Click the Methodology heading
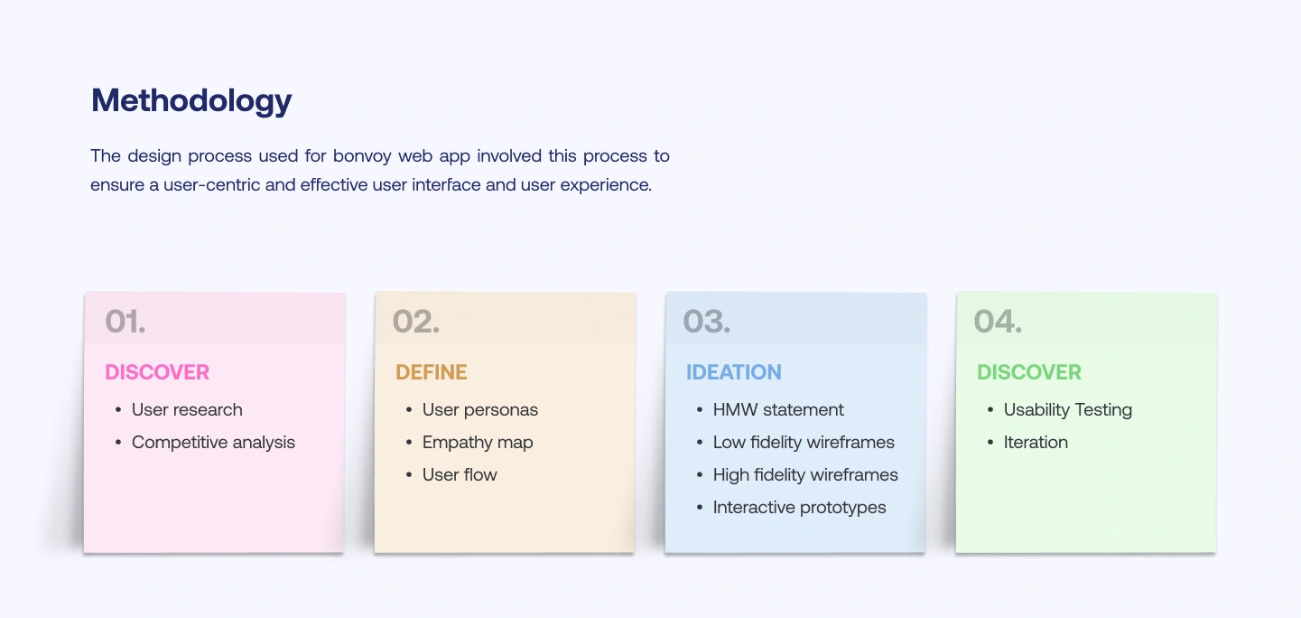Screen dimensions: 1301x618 click(x=191, y=101)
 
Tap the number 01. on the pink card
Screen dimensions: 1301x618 click(x=125, y=322)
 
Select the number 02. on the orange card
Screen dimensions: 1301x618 click(x=416, y=322)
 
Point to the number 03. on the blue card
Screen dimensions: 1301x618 click(x=707, y=322)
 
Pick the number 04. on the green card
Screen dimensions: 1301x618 click(x=998, y=322)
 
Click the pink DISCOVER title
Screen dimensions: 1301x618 click(x=157, y=372)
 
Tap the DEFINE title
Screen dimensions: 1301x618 click(x=432, y=372)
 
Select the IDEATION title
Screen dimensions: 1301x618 click(x=734, y=372)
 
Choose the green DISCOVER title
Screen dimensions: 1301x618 click(x=1029, y=372)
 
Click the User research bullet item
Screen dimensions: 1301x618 click(x=187, y=410)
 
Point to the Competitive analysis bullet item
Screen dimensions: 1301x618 click(x=213, y=443)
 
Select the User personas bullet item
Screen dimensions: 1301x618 click(x=480, y=410)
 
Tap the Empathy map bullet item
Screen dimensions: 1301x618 click(x=478, y=443)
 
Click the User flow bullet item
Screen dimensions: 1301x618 click(x=460, y=475)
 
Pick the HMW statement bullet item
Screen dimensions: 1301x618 click(x=778, y=410)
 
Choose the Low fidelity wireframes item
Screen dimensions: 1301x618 click(x=804, y=443)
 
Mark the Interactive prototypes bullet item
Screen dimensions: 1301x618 click(x=800, y=508)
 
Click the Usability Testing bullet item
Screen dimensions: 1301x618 click(x=1068, y=410)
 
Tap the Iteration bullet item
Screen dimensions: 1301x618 click(x=1036, y=443)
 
